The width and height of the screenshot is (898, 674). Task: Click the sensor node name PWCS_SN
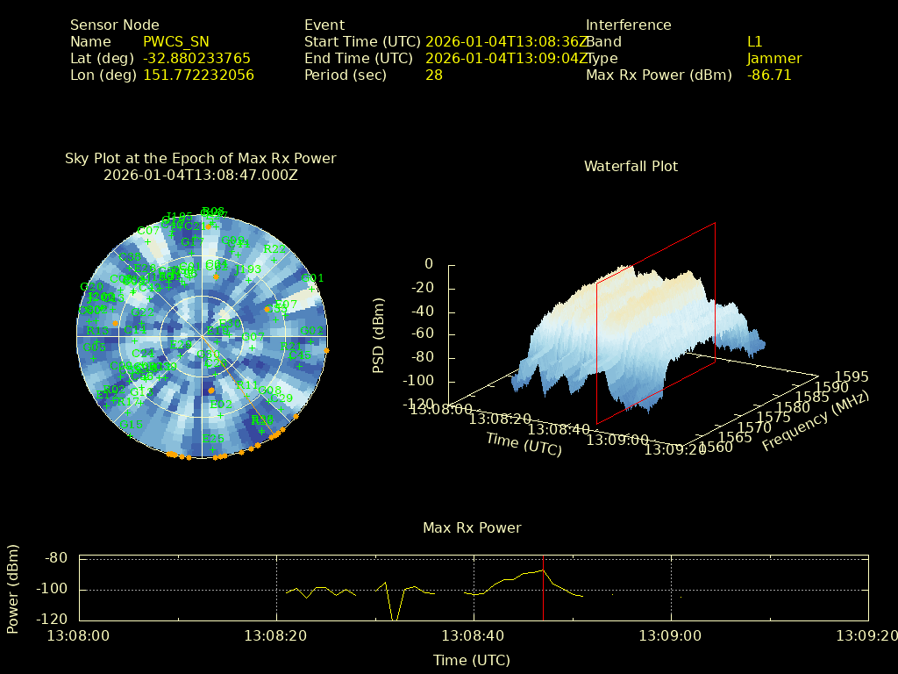pyautogui.click(x=176, y=41)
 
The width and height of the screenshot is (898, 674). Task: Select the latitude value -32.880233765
pyautogui.click(x=196, y=58)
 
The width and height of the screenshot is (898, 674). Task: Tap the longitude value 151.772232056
pyautogui.click(x=198, y=75)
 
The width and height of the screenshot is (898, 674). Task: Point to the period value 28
pyautogui.click(x=433, y=75)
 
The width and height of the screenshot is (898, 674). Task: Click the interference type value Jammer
pyautogui.click(x=774, y=58)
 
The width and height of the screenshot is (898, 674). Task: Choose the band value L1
pyautogui.click(x=755, y=41)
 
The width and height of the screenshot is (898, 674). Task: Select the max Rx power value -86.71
pyautogui.click(x=769, y=75)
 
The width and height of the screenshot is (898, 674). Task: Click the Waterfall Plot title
pyautogui.click(x=631, y=166)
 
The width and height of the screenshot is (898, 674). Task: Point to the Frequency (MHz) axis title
pyautogui.click(x=816, y=420)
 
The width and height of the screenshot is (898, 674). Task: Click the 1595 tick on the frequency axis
pyautogui.click(x=852, y=376)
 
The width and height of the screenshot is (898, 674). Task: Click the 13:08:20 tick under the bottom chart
pyautogui.click(x=276, y=635)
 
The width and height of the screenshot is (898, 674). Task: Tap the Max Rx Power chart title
pyautogui.click(x=472, y=527)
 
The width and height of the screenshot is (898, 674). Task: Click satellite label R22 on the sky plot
pyautogui.click(x=274, y=249)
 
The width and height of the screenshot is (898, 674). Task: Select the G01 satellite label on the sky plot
pyautogui.click(x=312, y=278)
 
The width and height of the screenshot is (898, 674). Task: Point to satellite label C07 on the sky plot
pyautogui.click(x=148, y=232)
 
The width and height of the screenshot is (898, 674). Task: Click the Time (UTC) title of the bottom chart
pyautogui.click(x=472, y=659)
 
